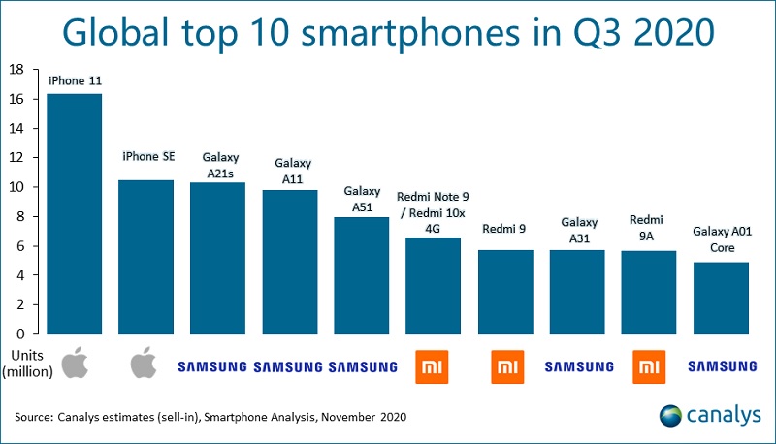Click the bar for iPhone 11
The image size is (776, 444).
75,213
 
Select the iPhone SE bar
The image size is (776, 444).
147,257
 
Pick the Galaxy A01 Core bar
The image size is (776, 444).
722,298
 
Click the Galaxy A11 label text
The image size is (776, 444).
291,171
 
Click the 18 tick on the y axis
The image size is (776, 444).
17,70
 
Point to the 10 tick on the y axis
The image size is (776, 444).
17,187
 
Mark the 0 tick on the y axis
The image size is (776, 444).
21,333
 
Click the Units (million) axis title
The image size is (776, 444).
27,364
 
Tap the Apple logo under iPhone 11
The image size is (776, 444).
75,365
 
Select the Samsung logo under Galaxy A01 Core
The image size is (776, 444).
722,366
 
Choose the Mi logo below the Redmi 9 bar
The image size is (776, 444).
506,365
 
